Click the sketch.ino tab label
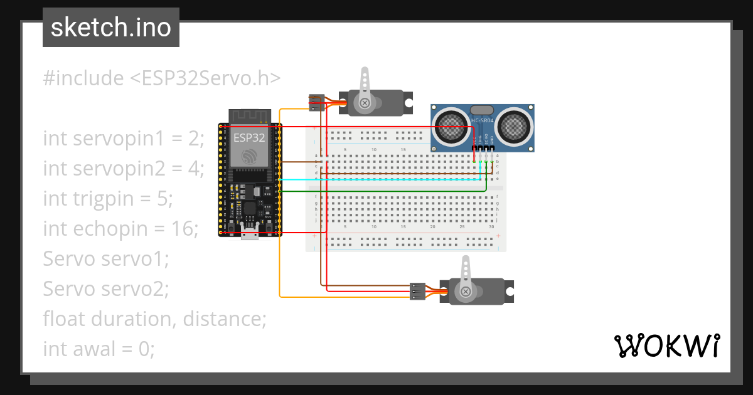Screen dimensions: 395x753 tap(110, 28)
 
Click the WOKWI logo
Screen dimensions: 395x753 tap(666, 345)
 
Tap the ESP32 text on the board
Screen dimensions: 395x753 tap(249, 137)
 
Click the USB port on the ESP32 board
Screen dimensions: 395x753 tap(250, 235)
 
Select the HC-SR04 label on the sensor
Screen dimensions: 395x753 tap(482, 120)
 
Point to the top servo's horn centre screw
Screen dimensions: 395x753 tap(364, 102)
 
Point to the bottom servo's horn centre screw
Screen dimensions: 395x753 tap(466, 292)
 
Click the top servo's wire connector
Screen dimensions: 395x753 tap(316, 103)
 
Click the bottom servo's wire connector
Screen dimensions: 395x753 tap(417, 291)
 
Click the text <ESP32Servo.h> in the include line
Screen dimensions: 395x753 tap(205, 78)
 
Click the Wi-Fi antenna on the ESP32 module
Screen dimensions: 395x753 tap(249, 116)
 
